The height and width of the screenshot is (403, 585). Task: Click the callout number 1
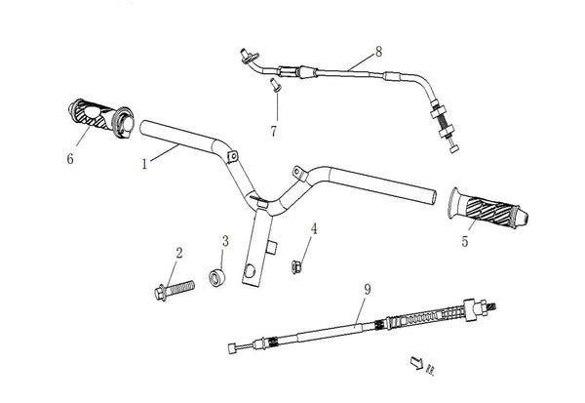[144, 164]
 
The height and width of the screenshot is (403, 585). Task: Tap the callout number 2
[178, 254]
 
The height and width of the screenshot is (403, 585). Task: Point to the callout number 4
[314, 229]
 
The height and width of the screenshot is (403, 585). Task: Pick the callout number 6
[69, 158]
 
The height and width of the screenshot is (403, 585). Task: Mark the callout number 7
[273, 130]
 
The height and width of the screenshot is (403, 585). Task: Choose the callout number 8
[378, 50]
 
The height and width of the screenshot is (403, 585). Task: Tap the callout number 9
[367, 290]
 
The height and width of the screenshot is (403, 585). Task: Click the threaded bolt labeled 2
[175, 288]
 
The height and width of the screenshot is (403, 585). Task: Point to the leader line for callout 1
[162, 155]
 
